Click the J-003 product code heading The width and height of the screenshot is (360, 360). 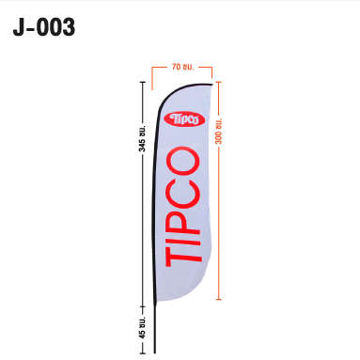[x=44, y=27]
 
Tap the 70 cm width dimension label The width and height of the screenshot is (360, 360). [x=182, y=67]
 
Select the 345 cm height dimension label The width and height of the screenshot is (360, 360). [x=142, y=138]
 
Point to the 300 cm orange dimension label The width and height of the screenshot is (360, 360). [x=218, y=132]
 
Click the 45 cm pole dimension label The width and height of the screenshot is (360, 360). [x=142, y=327]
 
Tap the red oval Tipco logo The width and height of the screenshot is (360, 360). [x=184, y=119]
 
